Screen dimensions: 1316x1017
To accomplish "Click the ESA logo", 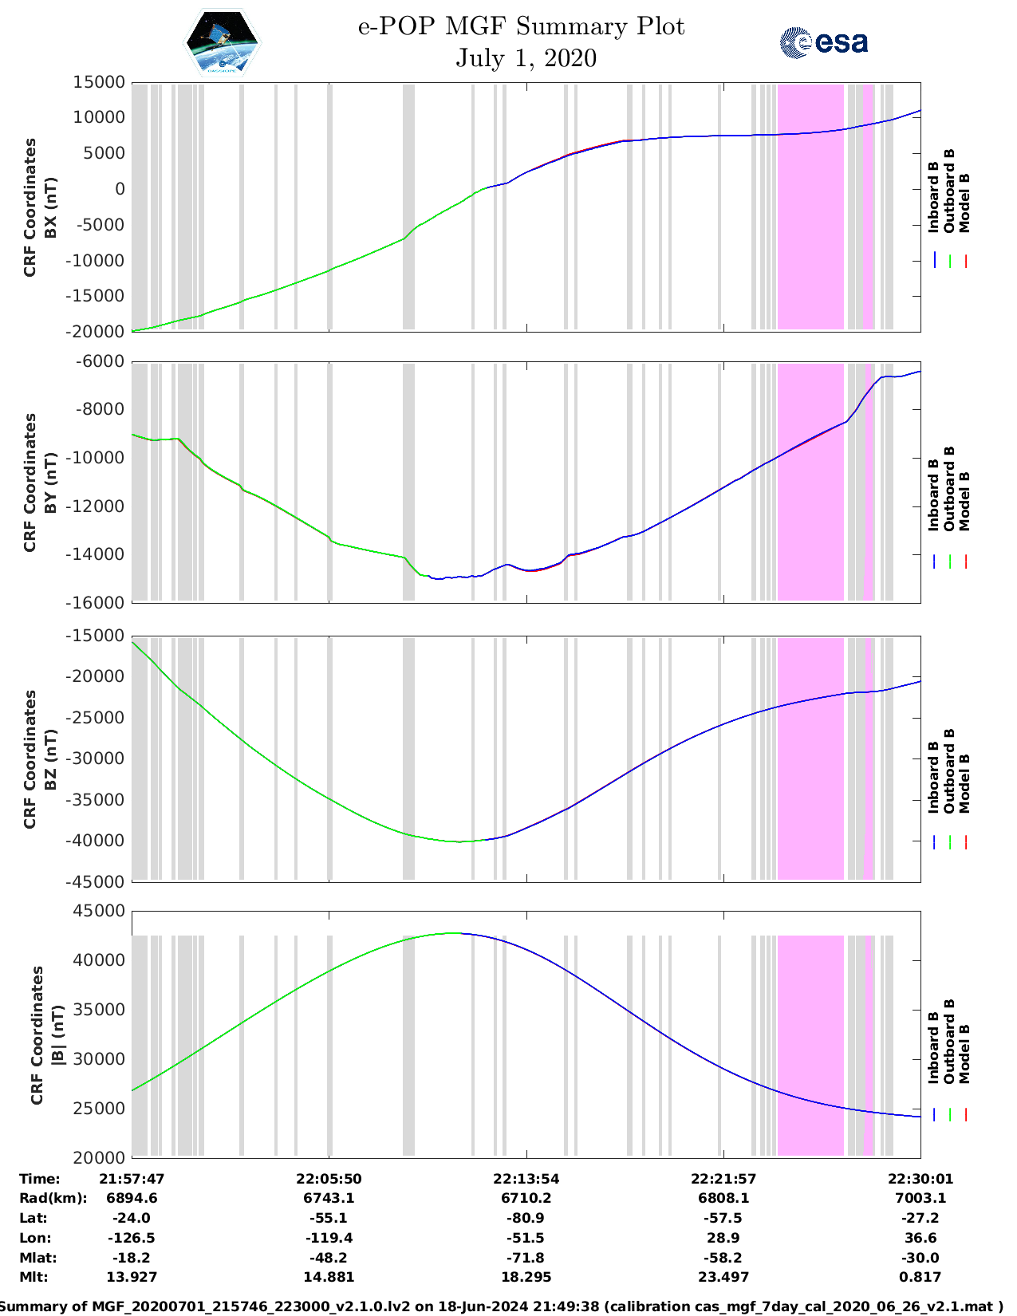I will pos(823,42).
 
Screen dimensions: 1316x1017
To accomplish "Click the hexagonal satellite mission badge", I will pos(223,43).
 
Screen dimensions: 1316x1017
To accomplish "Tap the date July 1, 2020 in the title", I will pos(526,58).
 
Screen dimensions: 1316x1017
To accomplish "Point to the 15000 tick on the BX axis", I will pos(99,82).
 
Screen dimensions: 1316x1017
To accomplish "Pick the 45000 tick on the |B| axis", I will pos(99,911).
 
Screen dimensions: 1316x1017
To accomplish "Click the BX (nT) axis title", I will pos(51,207).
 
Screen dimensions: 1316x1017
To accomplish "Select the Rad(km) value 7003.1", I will pos(920,1198).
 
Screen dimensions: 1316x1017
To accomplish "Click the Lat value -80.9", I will pos(526,1218).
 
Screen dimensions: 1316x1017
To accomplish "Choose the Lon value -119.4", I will pos(329,1238).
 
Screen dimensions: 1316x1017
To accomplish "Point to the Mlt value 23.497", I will pos(723,1277).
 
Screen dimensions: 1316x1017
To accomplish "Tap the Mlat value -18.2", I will pos(132,1258).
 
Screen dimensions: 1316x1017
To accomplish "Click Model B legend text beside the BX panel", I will pos(964,203).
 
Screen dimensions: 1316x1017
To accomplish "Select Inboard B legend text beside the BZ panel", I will pos(934,778).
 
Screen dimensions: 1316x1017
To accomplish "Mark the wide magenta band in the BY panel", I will pos(810,482).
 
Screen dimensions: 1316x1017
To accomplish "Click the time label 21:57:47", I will pos(132,1179).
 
